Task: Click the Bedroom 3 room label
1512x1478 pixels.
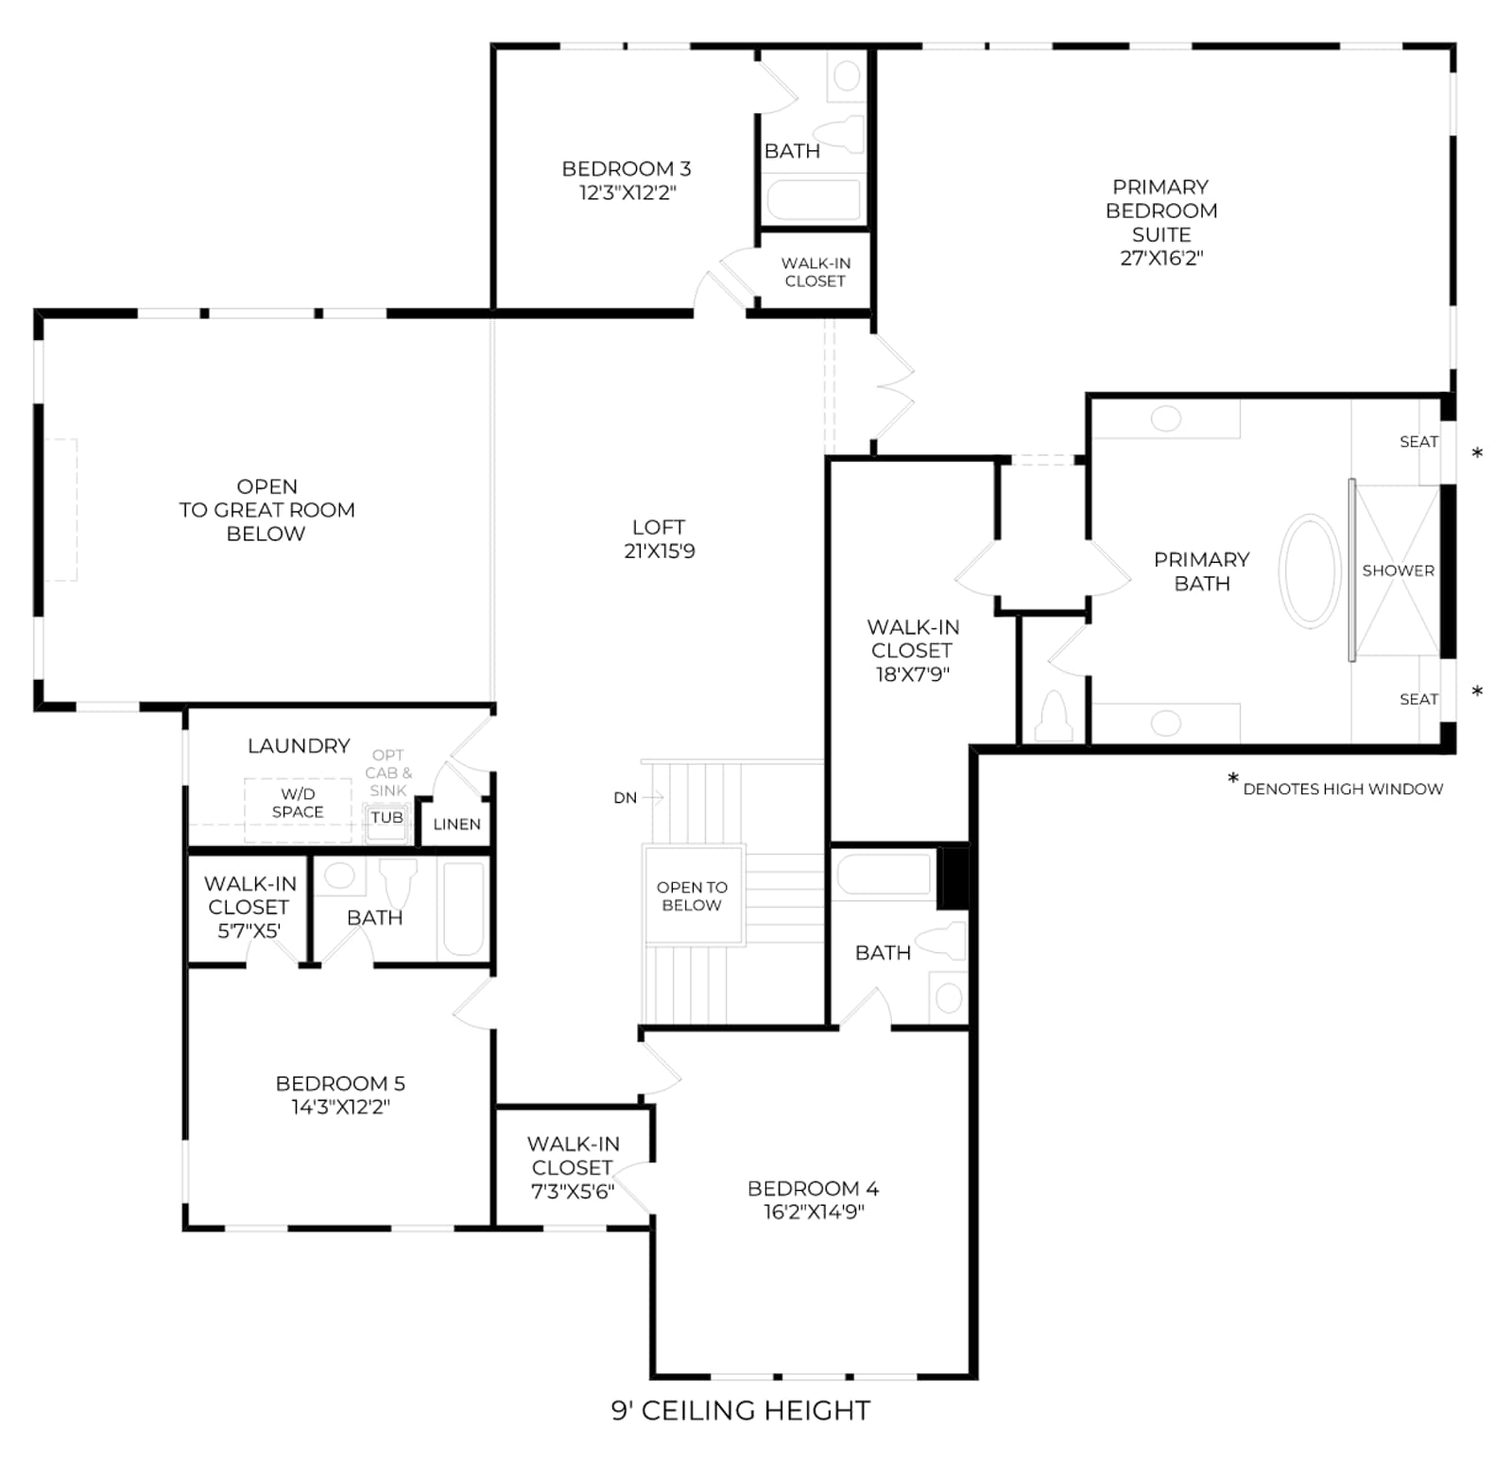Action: (627, 169)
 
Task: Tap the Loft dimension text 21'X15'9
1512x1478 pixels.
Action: (660, 552)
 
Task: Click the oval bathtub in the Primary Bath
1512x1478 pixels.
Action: (1310, 570)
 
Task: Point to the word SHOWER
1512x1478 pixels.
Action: (1399, 570)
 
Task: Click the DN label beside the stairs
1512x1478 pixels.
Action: (625, 798)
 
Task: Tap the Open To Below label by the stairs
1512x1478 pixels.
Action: (692, 896)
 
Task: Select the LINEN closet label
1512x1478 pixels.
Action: (456, 824)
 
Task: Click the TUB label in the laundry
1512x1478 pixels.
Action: (387, 818)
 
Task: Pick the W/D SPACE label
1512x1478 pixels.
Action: (298, 803)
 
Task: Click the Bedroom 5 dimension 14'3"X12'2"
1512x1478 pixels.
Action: (340, 1107)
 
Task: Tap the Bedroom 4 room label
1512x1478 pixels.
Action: (813, 1188)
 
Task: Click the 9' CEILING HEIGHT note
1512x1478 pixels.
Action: (741, 1411)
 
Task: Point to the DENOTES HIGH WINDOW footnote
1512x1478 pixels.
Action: (1343, 789)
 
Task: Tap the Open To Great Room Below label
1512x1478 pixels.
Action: (266, 510)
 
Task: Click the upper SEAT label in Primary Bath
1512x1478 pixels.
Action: (1418, 442)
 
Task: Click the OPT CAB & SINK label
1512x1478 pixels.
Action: (388, 773)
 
